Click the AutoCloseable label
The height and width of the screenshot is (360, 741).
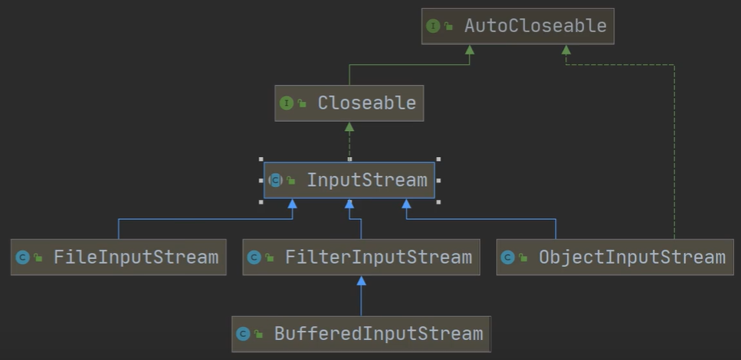(535, 26)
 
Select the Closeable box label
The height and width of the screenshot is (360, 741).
(366, 103)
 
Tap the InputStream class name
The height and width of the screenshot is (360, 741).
(366, 180)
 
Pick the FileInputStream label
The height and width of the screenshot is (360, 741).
(136, 257)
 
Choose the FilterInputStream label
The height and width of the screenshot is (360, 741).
(378, 257)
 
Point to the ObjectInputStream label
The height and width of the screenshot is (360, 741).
(631, 257)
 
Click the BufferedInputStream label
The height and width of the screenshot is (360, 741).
(378, 334)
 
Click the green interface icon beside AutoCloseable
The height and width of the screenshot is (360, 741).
(433, 26)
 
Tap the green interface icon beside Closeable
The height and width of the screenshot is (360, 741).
(287, 103)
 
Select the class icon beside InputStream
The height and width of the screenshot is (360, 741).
(276, 180)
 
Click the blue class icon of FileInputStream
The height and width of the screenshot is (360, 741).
(22, 257)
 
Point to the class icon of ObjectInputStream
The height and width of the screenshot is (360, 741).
(507, 257)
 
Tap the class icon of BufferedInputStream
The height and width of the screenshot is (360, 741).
(243, 334)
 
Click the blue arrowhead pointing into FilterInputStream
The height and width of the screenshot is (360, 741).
(361, 281)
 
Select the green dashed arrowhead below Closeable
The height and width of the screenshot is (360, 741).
(349, 127)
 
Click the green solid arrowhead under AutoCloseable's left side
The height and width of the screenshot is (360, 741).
(470, 50)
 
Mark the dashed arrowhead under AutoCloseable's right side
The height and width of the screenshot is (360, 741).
(566, 50)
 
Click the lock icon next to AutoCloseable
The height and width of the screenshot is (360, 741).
(449, 27)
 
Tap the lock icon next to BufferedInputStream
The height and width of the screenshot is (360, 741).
(259, 335)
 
